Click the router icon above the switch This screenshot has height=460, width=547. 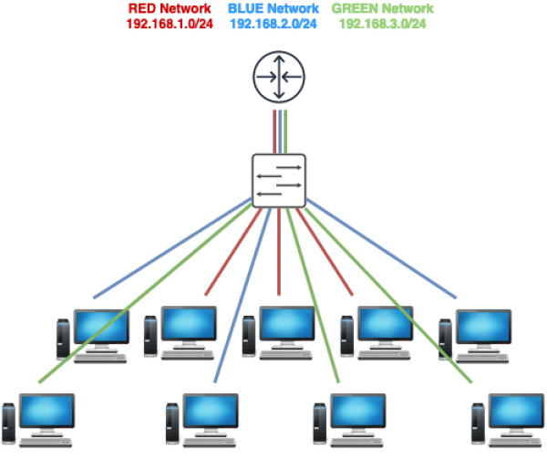point(279,79)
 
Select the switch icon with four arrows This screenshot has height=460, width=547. point(279,179)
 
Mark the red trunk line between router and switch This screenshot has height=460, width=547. point(273,131)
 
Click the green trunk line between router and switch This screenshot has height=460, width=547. point(285,131)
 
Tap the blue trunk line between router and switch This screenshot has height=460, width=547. point(279,131)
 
